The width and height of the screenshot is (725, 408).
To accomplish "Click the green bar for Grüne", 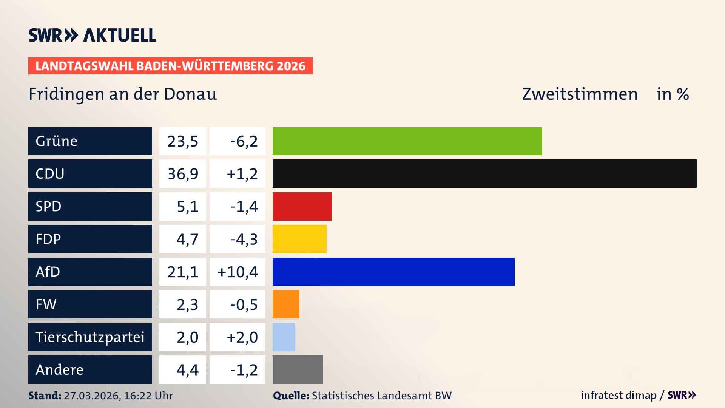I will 407,141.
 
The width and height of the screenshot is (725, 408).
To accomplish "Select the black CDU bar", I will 484,173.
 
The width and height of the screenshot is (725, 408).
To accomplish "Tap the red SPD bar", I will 302,206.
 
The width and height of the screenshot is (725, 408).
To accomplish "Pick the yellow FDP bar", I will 299,239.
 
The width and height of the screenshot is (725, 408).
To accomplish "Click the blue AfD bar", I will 393,272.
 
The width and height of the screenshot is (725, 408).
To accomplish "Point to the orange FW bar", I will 286,304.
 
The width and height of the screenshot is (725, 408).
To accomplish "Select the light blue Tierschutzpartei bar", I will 284,337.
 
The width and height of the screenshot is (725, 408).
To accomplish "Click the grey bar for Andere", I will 298,369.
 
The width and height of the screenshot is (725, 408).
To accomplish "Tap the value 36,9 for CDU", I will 183,174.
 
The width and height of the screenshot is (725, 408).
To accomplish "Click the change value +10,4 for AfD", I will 238,272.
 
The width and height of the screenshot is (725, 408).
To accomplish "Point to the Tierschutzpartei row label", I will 90,337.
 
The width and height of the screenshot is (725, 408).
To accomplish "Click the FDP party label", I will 48,239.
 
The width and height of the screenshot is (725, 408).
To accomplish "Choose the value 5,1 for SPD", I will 187,207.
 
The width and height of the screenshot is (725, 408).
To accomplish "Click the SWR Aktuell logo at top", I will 93,35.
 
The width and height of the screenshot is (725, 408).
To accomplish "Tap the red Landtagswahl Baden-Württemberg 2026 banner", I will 170,66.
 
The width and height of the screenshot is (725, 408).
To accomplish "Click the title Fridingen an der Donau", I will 123,94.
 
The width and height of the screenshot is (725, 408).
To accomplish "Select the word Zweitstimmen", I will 580,94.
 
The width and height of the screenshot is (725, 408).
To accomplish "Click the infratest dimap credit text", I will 619,395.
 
